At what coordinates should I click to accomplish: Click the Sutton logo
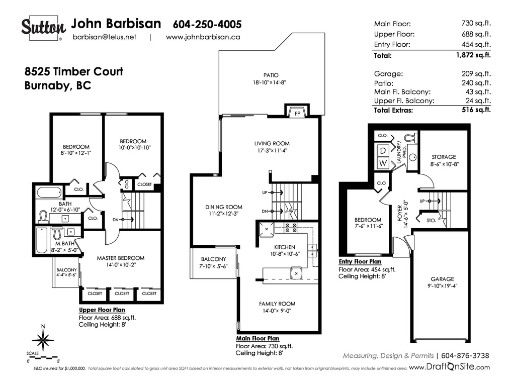(x=44, y=28)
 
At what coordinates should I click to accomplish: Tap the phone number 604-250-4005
(x=207, y=24)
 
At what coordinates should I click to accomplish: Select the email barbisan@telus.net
(x=105, y=37)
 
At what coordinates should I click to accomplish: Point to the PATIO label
(x=271, y=75)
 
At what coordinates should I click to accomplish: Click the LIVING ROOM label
(x=272, y=143)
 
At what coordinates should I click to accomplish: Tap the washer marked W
(x=383, y=163)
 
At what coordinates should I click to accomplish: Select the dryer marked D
(x=383, y=151)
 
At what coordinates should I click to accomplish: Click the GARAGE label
(x=443, y=279)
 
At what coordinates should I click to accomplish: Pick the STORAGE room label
(x=444, y=157)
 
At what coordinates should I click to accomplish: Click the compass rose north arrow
(x=43, y=339)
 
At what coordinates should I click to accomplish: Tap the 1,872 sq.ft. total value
(x=473, y=55)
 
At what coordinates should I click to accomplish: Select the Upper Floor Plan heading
(x=102, y=310)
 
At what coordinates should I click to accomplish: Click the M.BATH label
(x=65, y=244)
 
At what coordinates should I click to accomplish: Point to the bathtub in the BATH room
(x=49, y=192)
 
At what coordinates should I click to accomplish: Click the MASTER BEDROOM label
(x=121, y=258)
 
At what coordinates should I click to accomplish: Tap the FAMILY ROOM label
(x=277, y=304)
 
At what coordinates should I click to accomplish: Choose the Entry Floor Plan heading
(x=360, y=261)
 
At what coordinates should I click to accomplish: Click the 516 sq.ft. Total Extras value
(x=476, y=110)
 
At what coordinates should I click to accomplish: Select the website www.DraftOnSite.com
(x=449, y=367)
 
